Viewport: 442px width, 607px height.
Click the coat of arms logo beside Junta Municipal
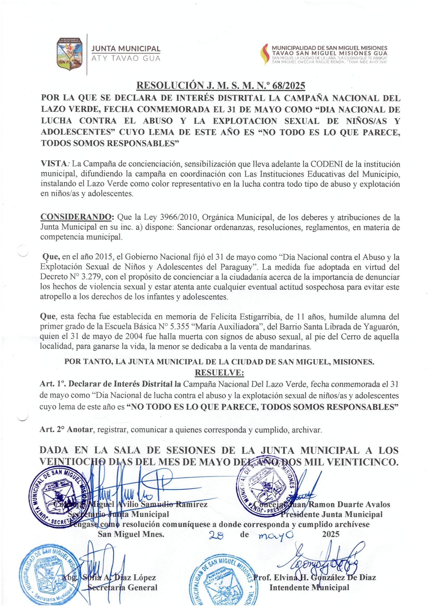pyautogui.click(x=69, y=54)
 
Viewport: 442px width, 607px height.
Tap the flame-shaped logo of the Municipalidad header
pyautogui.click(x=264, y=54)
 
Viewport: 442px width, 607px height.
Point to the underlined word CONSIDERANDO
pyautogui.click(x=76, y=217)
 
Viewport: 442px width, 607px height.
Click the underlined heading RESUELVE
pyautogui.click(x=219, y=373)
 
